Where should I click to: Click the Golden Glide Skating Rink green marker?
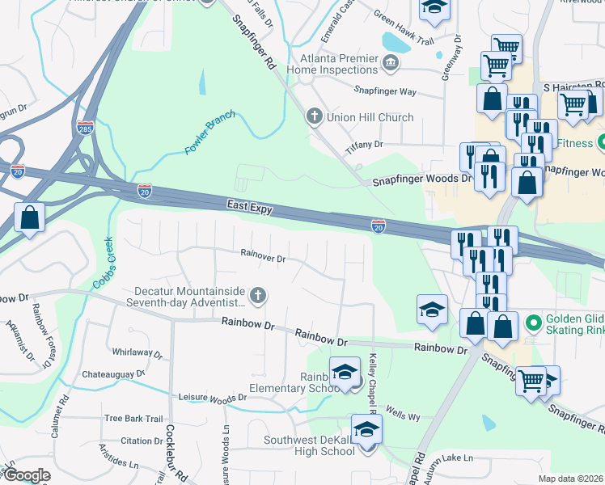click(533, 324)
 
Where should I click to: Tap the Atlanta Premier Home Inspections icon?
click(391, 62)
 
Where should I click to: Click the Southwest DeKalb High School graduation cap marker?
click(366, 429)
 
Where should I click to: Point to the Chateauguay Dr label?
click(113, 374)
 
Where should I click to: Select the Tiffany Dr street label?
click(363, 144)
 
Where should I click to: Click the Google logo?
click(27, 475)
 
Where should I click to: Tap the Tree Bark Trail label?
click(133, 418)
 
